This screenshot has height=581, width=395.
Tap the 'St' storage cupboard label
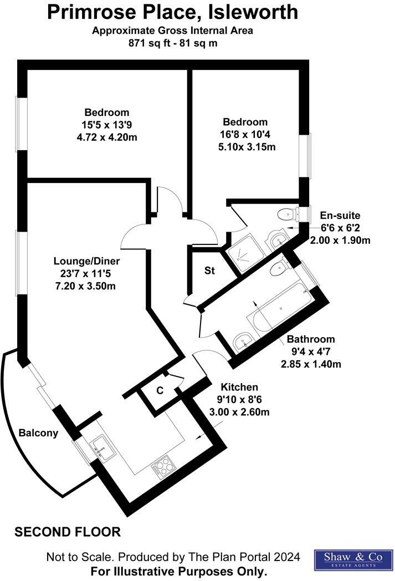point(209,271)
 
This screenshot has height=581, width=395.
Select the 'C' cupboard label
point(160,390)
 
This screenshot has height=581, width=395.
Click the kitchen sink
point(102,445)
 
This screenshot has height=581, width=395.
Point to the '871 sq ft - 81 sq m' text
point(172,43)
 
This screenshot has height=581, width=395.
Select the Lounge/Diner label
point(86,261)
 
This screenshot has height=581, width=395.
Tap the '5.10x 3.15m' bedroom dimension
point(247,147)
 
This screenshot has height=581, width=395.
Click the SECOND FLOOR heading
point(67,532)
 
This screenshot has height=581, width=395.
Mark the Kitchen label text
point(239,387)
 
